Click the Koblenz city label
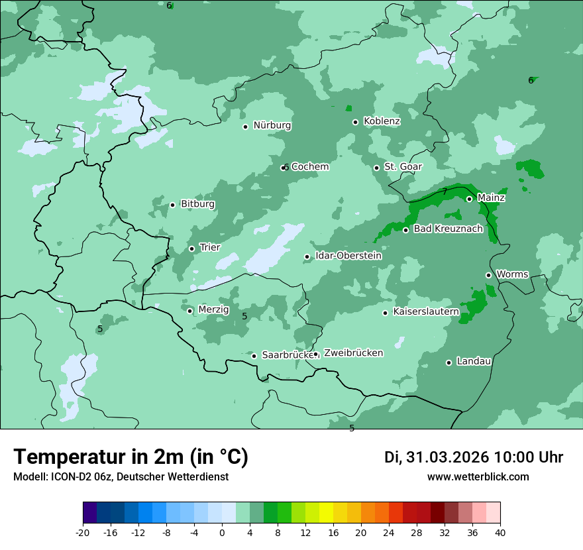click(382, 121)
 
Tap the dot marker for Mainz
click(469, 199)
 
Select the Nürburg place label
click(272, 125)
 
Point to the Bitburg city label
click(197, 204)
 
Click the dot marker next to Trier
click(191, 248)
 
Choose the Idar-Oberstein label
click(348, 256)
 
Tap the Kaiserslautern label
click(426, 311)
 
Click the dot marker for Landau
click(449, 362)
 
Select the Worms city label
click(512, 274)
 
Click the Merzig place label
click(213, 309)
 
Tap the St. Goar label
click(403, 167)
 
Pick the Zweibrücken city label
click(353, 353)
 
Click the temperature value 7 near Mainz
click(445, 192)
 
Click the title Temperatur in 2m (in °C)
click(131, 457)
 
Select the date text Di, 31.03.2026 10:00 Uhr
click(473, 457)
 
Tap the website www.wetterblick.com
click(478, 477)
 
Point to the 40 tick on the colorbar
click(500, 533)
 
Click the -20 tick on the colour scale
click(83, 533)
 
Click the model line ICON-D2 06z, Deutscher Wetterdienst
click(121, 477)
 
